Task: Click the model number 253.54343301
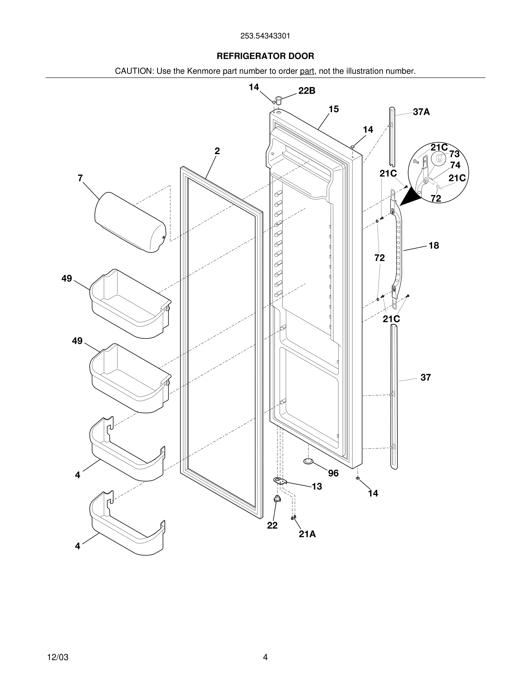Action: coord(265,36)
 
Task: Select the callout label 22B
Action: coord(307,91)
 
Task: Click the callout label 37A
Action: coord(421,112)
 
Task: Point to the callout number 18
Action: coord(434,246)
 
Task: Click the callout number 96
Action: coord(333,473)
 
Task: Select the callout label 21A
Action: coord(307,534)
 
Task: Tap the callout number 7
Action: coord(80,178)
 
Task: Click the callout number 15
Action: coord(333,109)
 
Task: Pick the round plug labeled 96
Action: coord(309,461)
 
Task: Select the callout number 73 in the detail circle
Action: coord(454,154)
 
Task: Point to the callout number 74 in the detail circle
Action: coord(455,165)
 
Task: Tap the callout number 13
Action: coord(317,487)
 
